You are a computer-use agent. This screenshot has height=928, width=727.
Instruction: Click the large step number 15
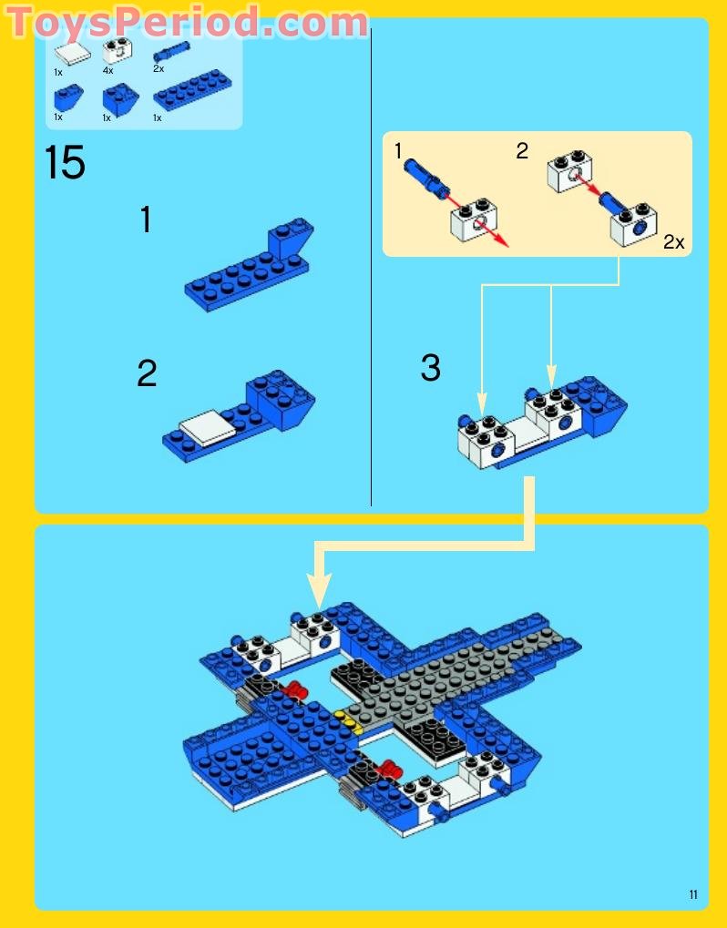(x=65, y=163)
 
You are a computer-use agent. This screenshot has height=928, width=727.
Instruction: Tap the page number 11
(x=693, y=895)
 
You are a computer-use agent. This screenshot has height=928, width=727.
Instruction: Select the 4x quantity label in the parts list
(x=108, y=70)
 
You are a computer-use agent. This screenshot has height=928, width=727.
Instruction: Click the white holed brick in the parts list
(x=115, y=50)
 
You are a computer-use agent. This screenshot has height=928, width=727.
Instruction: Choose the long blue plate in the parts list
(x=192, y=90)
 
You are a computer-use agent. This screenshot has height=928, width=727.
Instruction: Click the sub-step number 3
(x=430, y=368)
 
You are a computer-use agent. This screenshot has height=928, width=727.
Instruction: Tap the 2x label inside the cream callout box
(x=673, y=242)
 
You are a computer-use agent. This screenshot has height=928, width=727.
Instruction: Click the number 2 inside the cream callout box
(x=522, y=151)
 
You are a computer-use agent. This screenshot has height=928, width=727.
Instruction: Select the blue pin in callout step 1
(x=427, y=176)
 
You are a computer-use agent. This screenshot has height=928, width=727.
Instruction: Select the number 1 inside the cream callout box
(x=398, y=151)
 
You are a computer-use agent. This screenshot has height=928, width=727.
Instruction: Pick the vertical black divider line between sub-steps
(x=371, y=273)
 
